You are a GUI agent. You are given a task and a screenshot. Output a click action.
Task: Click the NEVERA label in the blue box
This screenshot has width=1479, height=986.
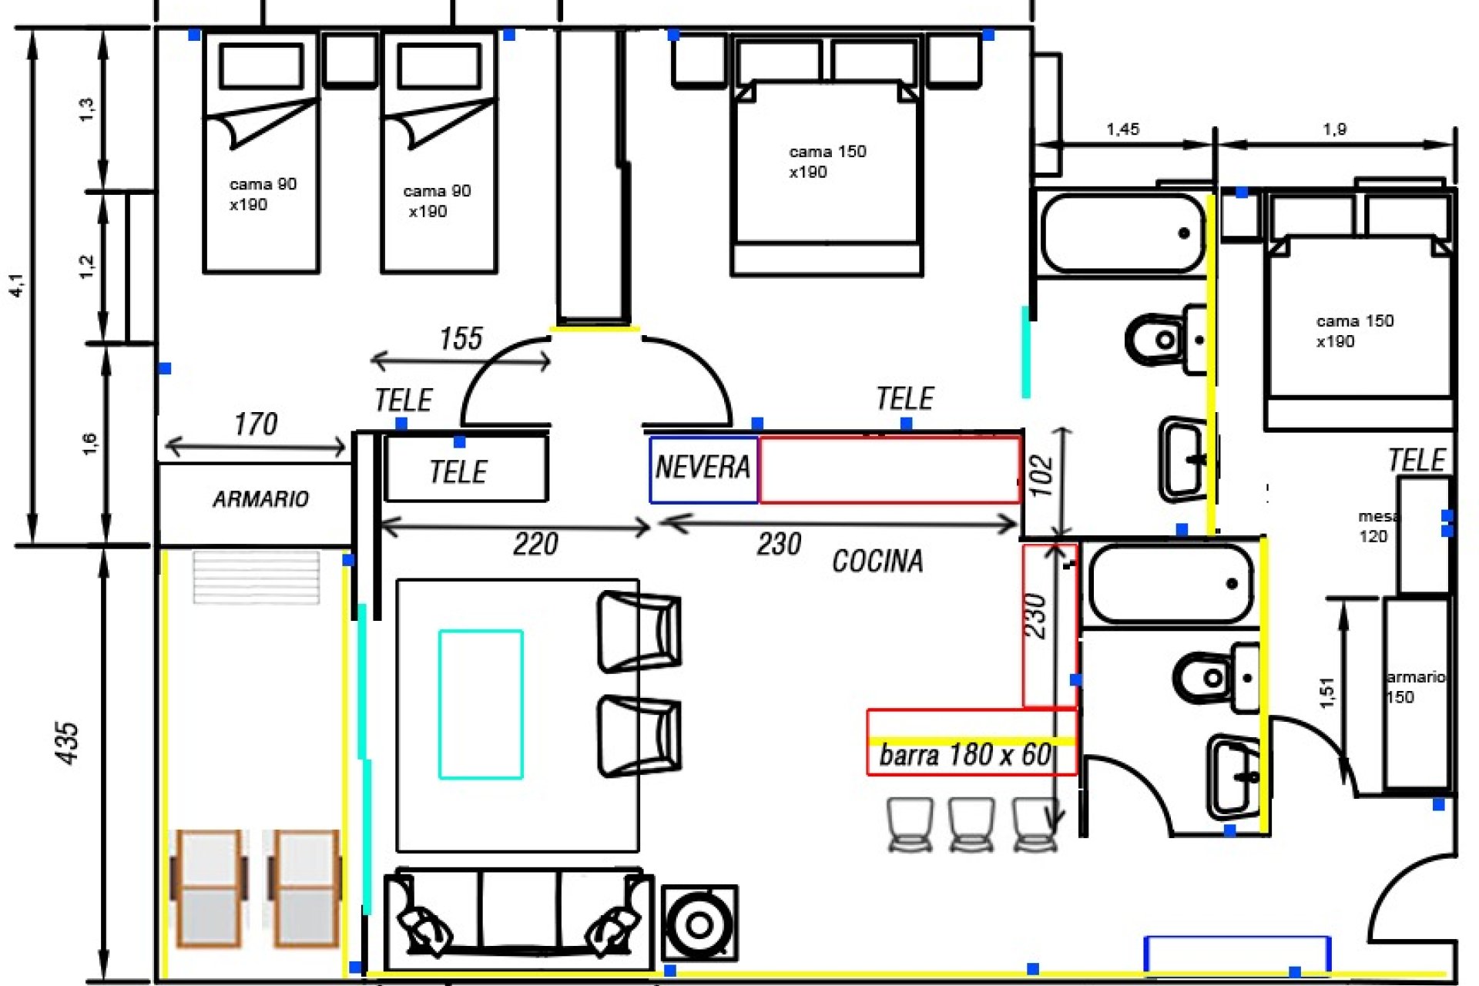703,468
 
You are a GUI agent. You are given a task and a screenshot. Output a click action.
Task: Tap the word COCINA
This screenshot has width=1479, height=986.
877,561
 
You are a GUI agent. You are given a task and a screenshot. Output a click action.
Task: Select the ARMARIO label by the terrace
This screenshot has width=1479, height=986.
260,499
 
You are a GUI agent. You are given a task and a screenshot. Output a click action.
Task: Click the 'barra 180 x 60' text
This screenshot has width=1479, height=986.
966,755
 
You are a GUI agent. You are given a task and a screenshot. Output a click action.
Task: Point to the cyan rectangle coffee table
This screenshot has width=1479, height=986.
481,704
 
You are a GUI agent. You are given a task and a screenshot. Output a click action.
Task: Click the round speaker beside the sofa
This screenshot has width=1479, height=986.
699,923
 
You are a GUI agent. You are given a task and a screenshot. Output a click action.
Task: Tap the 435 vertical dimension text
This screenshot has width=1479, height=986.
68,743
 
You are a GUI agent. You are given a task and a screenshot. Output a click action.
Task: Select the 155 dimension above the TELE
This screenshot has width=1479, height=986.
461,339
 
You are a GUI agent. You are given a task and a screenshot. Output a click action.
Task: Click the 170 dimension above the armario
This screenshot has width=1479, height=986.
255,424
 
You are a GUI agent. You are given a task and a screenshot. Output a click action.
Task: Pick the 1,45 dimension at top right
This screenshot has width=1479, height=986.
1122,129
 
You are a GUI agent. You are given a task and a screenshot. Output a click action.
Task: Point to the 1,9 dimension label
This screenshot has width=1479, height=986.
1334,129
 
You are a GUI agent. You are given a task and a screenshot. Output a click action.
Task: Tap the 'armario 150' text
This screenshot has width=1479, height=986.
1414,686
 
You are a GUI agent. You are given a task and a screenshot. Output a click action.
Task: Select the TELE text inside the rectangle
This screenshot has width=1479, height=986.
458,472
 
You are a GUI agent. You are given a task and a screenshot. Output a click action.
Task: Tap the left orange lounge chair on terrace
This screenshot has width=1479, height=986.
208,887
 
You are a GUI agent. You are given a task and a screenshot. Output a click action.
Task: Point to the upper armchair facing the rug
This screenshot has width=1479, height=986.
639,631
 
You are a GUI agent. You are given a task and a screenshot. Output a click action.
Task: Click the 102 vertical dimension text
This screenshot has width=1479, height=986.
1041,475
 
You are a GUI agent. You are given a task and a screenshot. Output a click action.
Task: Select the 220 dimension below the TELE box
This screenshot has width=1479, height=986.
535,545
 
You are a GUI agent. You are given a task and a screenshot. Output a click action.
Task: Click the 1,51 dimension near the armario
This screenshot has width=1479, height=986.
1326,693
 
